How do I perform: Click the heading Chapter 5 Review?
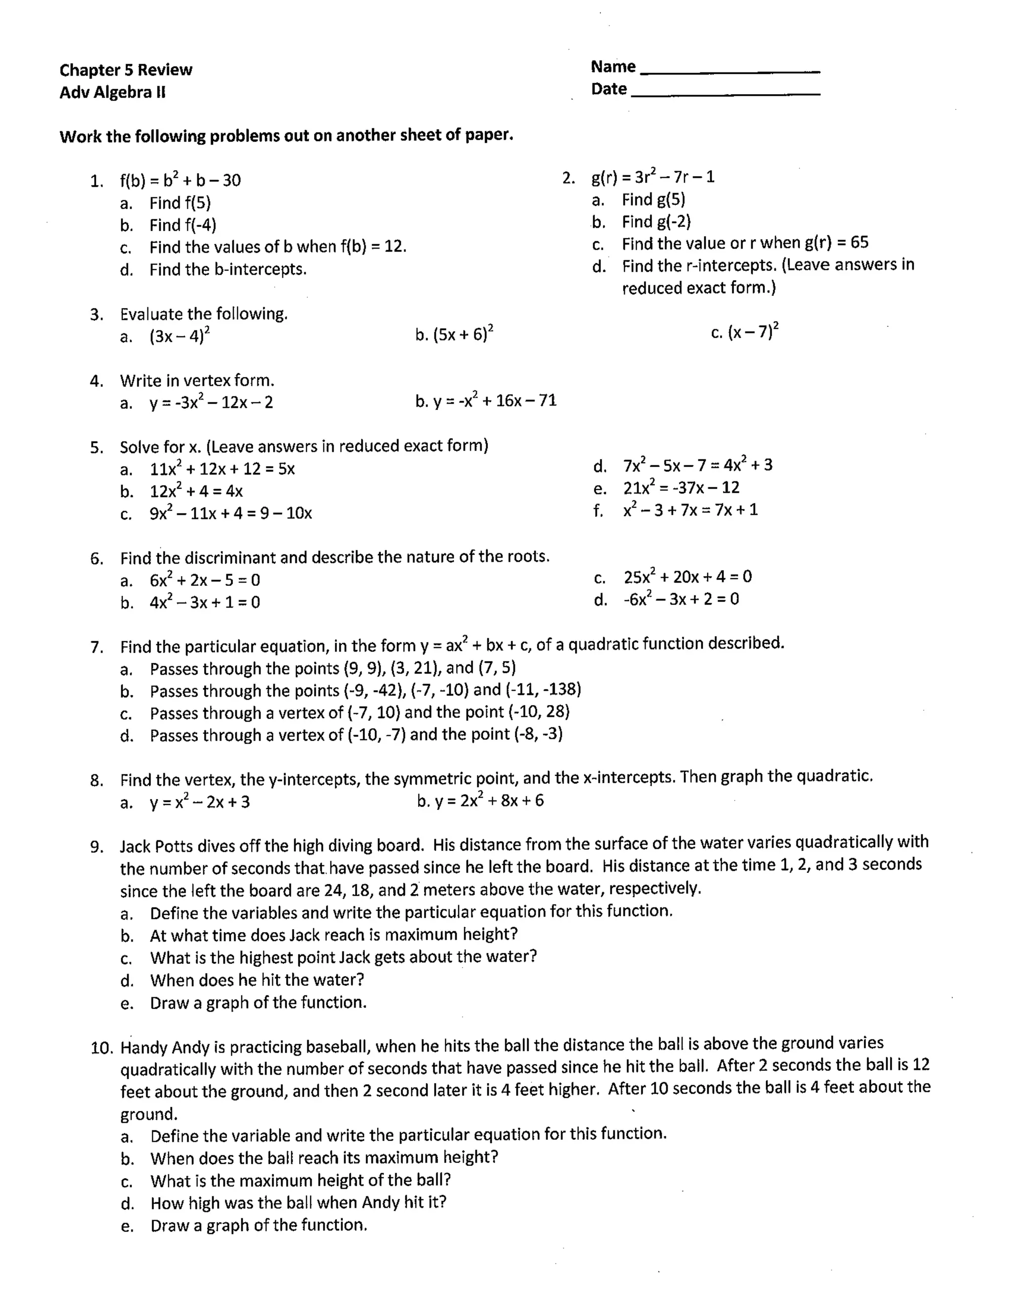click(126, 70)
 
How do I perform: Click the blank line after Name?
click(730, 71)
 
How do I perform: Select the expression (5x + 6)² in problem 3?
click(463, 333)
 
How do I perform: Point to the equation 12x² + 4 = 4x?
click(196, 491)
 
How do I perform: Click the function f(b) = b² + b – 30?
click(180, 180)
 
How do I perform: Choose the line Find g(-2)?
click(656, 222)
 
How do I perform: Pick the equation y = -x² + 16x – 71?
click(494, 400)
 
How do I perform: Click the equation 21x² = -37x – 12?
click(681, 488)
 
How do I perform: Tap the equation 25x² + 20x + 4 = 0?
click(687, 577)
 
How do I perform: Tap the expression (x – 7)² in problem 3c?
click(753, 331)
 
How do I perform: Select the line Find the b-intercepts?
click(228, 269)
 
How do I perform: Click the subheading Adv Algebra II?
click(112, 93)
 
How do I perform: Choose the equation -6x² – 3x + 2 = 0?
click(681, 599)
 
